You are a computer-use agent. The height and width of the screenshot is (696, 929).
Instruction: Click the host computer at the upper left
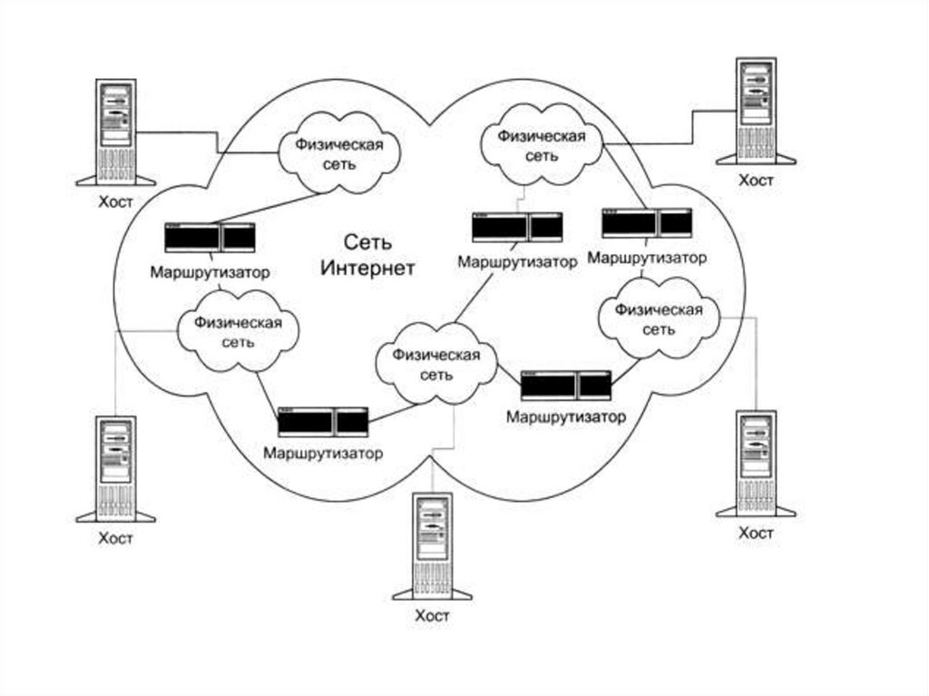[116, 131]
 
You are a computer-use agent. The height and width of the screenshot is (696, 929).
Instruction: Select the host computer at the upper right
[756, 111]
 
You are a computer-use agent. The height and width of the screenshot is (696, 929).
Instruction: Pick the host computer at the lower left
[116, 467]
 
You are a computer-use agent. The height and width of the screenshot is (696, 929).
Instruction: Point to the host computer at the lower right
[756, 463]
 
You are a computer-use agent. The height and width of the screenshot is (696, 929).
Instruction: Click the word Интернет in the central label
[367, 269]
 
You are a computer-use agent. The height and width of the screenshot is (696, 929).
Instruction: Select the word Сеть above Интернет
[367, 241]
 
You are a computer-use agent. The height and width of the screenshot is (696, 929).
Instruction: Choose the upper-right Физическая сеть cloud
[543, 145]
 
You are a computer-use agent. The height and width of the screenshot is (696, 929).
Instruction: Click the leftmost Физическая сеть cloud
[239, 332]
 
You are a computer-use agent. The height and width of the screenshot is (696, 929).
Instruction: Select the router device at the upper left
[210, 238]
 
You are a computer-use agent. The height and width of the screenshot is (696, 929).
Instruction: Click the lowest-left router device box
[323, 422]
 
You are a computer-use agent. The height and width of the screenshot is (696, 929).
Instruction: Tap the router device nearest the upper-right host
[647, 222]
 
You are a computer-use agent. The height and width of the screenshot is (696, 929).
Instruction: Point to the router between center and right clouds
[566, 385]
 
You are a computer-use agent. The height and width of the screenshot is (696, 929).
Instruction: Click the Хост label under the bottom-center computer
[432, 616]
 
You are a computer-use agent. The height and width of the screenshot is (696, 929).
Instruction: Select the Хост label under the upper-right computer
[756, 181]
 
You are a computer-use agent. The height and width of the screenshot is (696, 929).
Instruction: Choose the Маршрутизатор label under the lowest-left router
[323, 452]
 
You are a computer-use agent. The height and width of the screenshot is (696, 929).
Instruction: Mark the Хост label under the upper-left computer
[116, 201]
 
